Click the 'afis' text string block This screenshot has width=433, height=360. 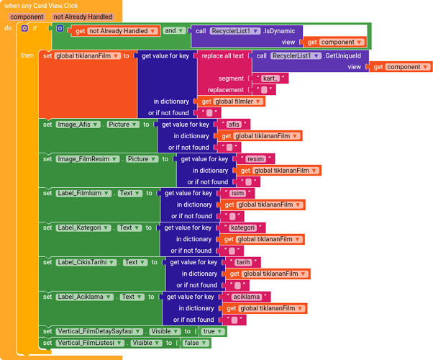[x=234, y=125]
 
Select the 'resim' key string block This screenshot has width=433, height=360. [x=255, y=159]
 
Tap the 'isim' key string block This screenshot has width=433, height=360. [x=238, y=193]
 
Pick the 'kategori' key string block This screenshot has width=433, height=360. [x=242, y=228]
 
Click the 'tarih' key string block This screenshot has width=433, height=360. [x=243, y=262]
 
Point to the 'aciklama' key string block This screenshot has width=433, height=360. [x=247, y=297]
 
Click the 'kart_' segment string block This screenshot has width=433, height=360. [x=270, y=78]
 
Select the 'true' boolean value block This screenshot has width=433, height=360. [x=209, y=331]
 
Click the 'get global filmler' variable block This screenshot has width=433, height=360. [x=231, y=102]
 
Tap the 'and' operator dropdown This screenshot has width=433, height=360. [x=173, y=31]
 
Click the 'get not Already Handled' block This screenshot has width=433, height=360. [x=115, y=31]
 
